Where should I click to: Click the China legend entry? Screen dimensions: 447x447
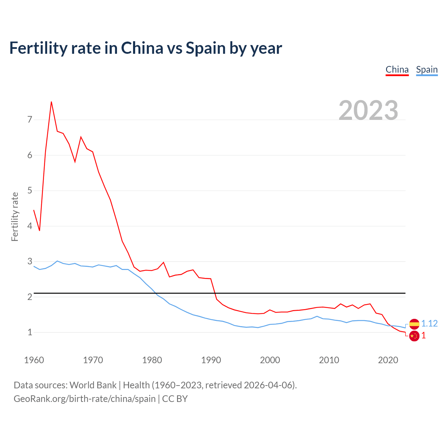(x=397, y=69)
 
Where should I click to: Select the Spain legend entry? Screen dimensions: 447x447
(x=427, y=69)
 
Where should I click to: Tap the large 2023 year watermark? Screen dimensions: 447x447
(x=368, y=110)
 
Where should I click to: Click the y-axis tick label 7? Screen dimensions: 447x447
(x=30, y=120)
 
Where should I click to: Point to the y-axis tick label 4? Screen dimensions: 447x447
(x=30, y=226)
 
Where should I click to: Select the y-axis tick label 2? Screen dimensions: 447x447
(x=30, y=297)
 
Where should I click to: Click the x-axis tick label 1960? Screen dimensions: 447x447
(x=34, y=360)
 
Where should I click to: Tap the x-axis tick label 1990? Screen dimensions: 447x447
(x=211, y=360)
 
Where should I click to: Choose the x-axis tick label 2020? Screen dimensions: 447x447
(x=388, y=360)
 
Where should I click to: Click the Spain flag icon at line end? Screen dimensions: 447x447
(x=414, y=324)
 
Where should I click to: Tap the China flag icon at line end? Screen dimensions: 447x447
(x=414, y=336)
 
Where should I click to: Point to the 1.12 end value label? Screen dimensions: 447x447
(x=430, y=324)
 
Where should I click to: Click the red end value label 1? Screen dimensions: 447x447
(x=424, y=336)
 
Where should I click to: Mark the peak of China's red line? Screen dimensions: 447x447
(x=51, y=102)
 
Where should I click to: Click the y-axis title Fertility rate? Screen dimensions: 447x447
(x=15, y=217)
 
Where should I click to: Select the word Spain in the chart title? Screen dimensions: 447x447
(x=206, y=48)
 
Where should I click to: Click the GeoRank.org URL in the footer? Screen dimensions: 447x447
(x=85, y=398)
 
